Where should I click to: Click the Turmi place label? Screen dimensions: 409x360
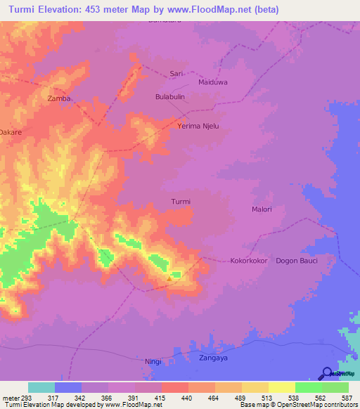181,202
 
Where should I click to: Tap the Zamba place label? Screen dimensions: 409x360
59,99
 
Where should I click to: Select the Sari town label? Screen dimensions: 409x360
176,73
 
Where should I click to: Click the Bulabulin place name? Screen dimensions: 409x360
169,98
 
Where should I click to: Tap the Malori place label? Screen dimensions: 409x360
262,209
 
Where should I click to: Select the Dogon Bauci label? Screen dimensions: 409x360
297,261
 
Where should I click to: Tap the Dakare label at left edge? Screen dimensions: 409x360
11,131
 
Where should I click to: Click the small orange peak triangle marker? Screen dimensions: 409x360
169,278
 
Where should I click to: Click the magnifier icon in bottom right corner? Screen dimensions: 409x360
327,373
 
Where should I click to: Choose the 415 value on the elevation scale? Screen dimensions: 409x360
161,397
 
